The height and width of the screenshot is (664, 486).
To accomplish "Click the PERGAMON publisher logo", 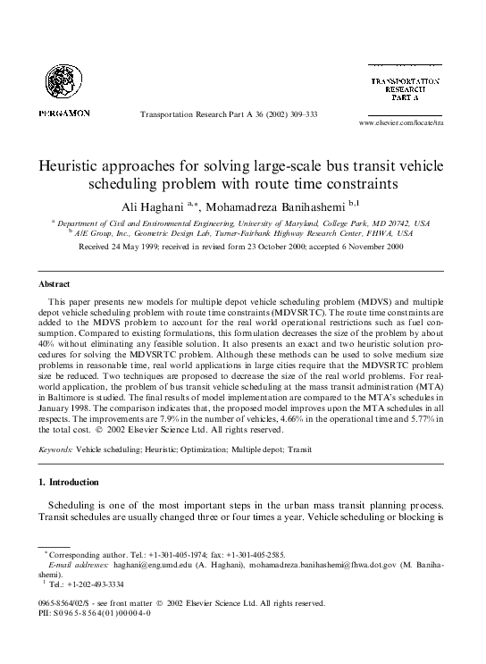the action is click(x=63, y=114).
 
